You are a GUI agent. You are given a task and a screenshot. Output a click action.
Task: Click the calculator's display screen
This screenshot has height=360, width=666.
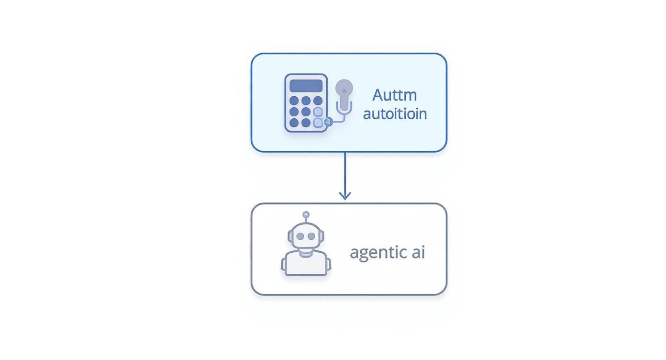[306, 86]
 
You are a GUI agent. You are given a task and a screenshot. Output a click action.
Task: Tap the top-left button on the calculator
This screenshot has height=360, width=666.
[294, 101]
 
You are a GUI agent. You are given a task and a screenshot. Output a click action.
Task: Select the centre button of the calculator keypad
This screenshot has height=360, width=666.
[306, 112]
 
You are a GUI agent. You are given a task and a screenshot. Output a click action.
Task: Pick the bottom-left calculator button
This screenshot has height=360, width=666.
[294, 123]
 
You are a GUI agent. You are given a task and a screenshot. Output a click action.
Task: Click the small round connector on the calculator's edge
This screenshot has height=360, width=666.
[328, 122]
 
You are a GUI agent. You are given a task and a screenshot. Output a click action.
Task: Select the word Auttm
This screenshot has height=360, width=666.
[395, 95]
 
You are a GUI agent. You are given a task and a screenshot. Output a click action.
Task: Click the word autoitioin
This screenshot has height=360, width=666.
[395, 114]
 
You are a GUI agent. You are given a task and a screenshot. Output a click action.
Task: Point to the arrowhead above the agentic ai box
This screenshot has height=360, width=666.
[345, 195]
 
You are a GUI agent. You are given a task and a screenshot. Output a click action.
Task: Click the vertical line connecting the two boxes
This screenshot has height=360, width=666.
[345, 172]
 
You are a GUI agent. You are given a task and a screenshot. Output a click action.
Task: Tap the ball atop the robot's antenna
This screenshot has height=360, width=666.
[306, 215]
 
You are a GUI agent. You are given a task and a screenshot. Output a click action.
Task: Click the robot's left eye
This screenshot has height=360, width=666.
[300, 236]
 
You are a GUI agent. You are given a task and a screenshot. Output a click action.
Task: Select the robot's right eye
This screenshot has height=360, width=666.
[312, 236]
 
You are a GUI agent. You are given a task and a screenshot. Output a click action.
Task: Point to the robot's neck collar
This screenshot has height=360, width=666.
[306, 250]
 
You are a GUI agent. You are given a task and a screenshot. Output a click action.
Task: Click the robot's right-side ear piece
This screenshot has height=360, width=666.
[322, 236]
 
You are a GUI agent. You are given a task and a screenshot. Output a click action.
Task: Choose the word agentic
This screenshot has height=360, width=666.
[378, 252]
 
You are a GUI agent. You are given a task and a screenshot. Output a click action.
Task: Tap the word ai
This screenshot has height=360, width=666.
[418, 252]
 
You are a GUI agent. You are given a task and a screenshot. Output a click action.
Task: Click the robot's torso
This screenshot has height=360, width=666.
[306, 264]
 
